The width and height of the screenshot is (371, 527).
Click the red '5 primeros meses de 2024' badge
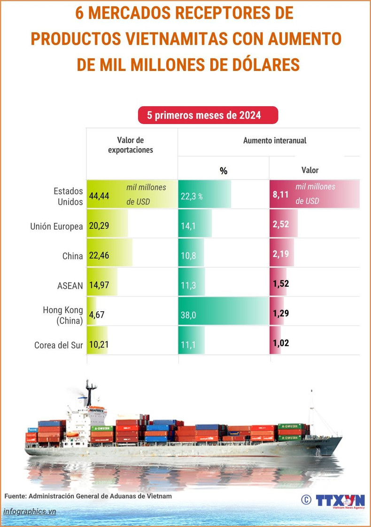208,115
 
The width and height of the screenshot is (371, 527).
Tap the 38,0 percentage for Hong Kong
188,315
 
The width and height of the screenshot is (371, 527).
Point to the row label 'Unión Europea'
56,226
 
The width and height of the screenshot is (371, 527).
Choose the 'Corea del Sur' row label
59,345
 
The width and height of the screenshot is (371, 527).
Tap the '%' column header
224,171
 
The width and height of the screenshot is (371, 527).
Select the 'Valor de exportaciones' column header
131,145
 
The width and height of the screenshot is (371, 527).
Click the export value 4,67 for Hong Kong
97,315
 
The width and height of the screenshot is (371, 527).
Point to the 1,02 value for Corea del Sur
281,344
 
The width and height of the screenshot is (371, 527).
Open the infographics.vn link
30,511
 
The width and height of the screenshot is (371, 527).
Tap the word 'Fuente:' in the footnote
16,496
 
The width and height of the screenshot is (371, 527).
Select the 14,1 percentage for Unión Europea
188,226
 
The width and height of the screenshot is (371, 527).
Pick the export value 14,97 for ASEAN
99,285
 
